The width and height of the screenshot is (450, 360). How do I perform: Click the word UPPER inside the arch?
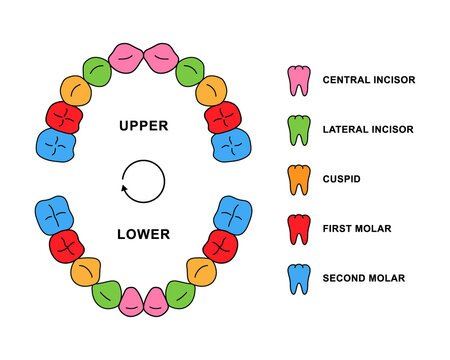(142, 127)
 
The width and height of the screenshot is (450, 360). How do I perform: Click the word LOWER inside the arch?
(143, 235)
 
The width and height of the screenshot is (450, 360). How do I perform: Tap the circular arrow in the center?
(142, 181)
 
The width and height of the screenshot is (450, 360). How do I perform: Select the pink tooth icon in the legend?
(297, 80)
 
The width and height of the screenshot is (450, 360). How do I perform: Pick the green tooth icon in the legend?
(297, 130)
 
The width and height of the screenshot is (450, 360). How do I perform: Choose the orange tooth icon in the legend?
(297, 179)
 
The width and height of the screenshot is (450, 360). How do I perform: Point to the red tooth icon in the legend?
(297, 229)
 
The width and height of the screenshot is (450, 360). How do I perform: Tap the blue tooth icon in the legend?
(297, 278)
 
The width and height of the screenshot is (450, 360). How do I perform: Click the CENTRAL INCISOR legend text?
(370, 80)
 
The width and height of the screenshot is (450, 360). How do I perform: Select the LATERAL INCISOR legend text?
(370, 130)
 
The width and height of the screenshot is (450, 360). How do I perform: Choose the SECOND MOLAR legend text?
(365, 278)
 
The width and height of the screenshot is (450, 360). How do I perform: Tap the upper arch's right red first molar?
(223, 118)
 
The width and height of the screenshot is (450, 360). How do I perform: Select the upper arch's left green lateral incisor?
(97, 72)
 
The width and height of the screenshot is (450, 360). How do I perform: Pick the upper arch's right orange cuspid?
(211, 92)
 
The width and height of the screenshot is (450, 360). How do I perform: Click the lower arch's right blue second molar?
(230, 215)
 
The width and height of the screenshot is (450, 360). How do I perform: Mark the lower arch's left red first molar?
(66, 245)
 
